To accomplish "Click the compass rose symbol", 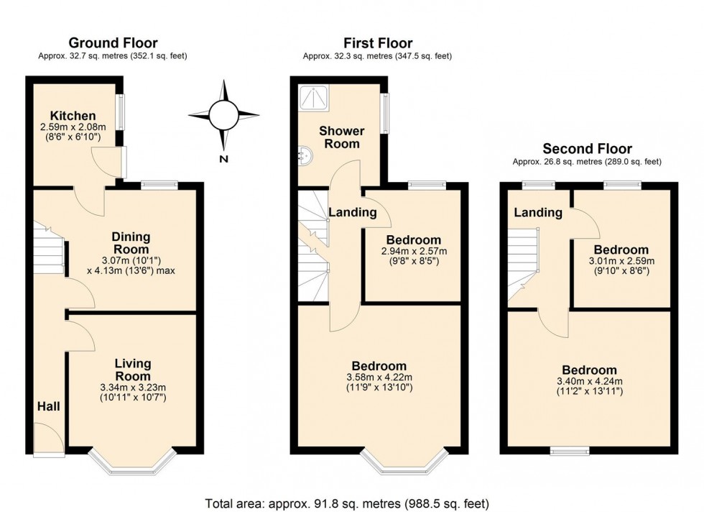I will tap(223, 114).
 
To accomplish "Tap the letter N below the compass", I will tap(224, 159).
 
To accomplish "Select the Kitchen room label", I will tap(73, 116).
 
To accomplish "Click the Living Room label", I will tap(133, 370).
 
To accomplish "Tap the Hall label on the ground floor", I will tap(49, 406).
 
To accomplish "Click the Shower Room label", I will tap(341, 137).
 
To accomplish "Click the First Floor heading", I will tap(377, 44).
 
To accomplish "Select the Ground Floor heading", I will tap(113, 44).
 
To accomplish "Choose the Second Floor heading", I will tap(587, 149).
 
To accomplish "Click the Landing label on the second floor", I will tap(538, 213).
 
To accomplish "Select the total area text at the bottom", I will tap(347, 503).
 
